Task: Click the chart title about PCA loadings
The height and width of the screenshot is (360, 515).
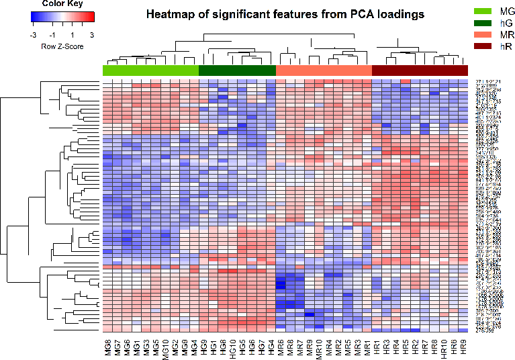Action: point(285,14)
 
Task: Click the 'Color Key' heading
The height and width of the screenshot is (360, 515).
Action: point(62,3)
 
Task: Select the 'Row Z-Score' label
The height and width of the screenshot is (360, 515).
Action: point(62,46)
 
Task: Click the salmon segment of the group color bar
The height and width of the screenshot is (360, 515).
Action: point(324,71)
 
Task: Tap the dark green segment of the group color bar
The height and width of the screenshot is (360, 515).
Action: point(238,71)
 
